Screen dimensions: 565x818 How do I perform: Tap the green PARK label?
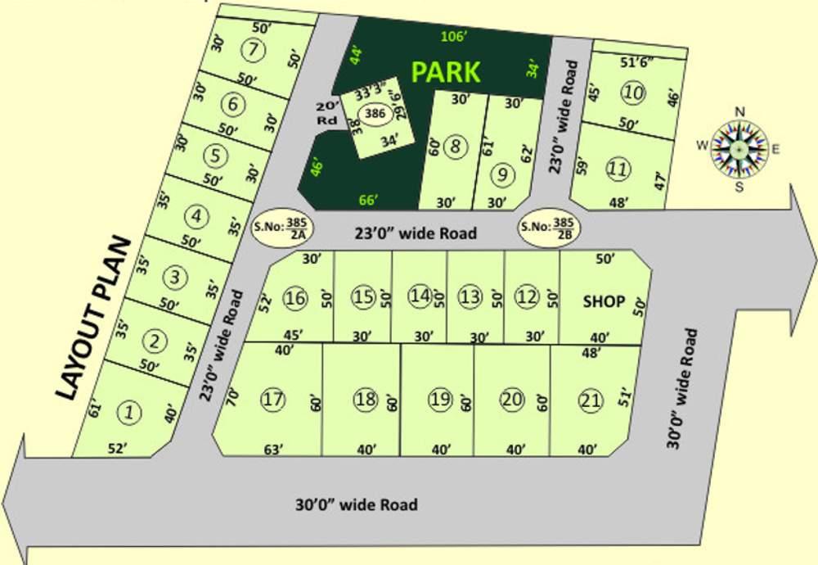click(x=446, y=72)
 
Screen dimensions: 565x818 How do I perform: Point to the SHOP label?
click(x=604, y=301)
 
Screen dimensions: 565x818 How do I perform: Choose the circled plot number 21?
click(x=591, y=400)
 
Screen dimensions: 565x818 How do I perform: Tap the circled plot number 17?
click(x=272, y=400)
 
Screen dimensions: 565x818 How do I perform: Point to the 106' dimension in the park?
click(x=452, y=35)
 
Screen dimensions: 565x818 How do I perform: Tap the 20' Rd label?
click(x=327, y=113)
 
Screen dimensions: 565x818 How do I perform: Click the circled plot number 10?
click(x=632, y=93)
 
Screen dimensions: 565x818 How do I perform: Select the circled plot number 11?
click(x=618, y=169)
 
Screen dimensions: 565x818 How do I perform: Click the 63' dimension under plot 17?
click(x=273, y=449)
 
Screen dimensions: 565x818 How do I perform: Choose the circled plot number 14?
click(x=420, y=296)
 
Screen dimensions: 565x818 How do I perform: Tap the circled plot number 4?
click(x=196, y=216)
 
